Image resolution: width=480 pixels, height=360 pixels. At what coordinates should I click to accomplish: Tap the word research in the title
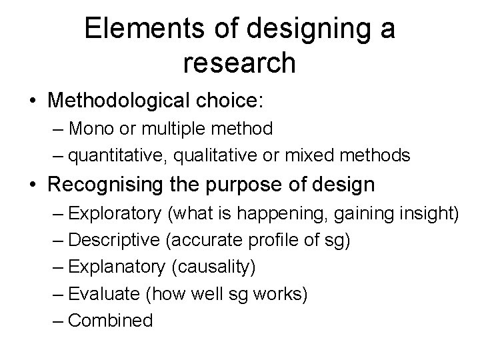click(238, 63)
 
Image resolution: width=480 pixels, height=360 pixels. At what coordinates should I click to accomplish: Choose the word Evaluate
click(99, 294)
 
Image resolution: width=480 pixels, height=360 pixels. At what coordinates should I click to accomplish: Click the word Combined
click(111, 321)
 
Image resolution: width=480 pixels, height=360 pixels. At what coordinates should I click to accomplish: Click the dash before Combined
click(57, 321)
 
